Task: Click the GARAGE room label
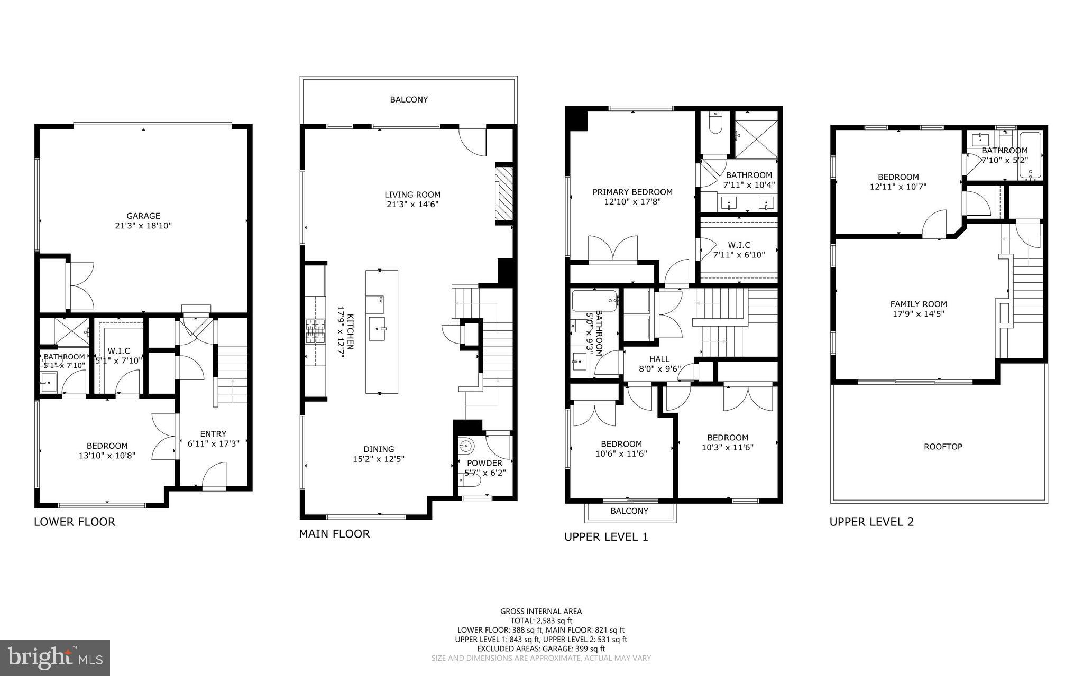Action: pyautogui.click(x=143, y=216)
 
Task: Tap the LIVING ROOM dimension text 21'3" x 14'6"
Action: pyautogui.click(x=412, y=204)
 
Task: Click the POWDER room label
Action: pyautogui.click(x=484, y=463)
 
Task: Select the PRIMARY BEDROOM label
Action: pyautogui.click(x=632, y=192)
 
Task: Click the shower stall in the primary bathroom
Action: pyautogui.click(x=756, y=135)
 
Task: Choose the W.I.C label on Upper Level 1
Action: pyautogui.click(x=739, y=245)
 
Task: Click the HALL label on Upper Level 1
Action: pyautogui.click(x=659, y=359)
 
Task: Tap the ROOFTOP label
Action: pyautogui.click(x=943, y=447)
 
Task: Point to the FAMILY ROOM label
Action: pyautogui.click(x=919, y=304)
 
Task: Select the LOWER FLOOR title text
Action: pyautogui.click(x=75, y=522)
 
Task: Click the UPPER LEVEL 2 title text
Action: pyautogui.click(x=871, y=522)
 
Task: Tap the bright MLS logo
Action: pyautogui.click(x=55, y=658)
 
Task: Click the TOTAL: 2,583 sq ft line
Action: pyautogui.click(x=541, y=621)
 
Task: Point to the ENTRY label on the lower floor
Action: pyautogui.click(x=213, y=433)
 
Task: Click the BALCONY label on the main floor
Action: pyautogui.click(x=409, y=99)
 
